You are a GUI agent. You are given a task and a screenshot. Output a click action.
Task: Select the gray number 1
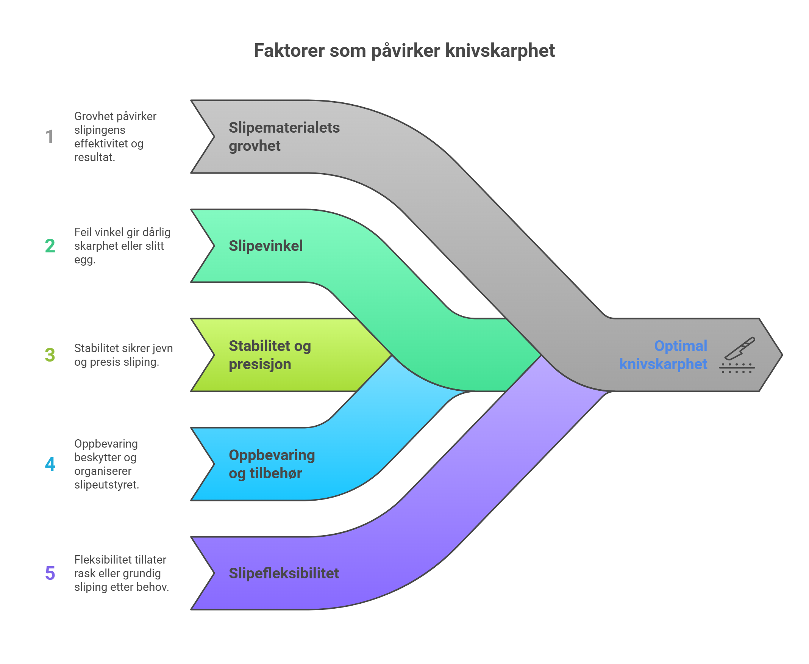[50, 136]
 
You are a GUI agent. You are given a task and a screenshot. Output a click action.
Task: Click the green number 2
[50, 246]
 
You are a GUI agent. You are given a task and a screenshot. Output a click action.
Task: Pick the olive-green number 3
[50, 355]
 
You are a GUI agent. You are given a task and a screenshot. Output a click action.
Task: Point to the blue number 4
[50, 464]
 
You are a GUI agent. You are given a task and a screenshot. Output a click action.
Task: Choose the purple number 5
[50, 573]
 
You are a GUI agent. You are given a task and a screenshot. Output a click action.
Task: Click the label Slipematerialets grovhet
[284, 136]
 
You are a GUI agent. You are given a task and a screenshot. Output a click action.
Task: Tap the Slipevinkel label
[266, 246]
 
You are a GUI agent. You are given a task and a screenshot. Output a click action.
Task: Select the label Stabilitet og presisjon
[270, 355]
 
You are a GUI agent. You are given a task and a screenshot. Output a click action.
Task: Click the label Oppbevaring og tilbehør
[272, 464]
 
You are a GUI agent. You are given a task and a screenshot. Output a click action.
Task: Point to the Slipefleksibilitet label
[284, 573]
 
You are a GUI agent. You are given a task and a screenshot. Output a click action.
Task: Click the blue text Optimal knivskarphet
[663, 355]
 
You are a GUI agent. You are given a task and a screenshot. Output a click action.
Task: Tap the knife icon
[737, 355]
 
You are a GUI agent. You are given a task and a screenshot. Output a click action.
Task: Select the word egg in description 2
[84, 260]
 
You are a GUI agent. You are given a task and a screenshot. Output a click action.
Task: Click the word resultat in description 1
[94, 157]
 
